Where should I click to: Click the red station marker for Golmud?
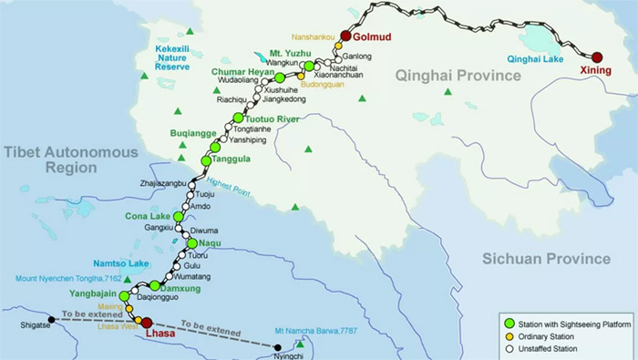coord(346,36)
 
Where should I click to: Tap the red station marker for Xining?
coord(597,57)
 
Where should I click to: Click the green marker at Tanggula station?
coord(206,160)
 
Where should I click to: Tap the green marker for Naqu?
coord(191,243)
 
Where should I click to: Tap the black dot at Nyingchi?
coord(279,345)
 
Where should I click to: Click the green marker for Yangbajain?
coord(124,296)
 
